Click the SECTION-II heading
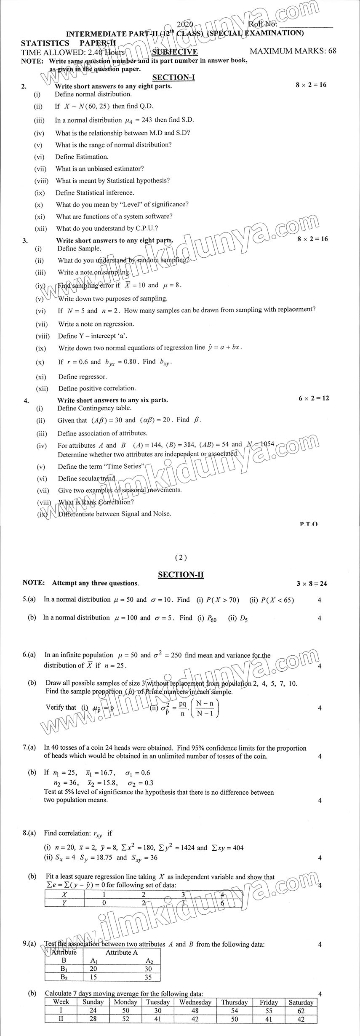point(181,574)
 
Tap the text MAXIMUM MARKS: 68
point(293,51)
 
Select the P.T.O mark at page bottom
point(309,524)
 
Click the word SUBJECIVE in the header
point(175,52)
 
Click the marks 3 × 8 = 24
point(312,583)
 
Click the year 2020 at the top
point(185,25)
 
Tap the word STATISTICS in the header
point(45,43)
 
